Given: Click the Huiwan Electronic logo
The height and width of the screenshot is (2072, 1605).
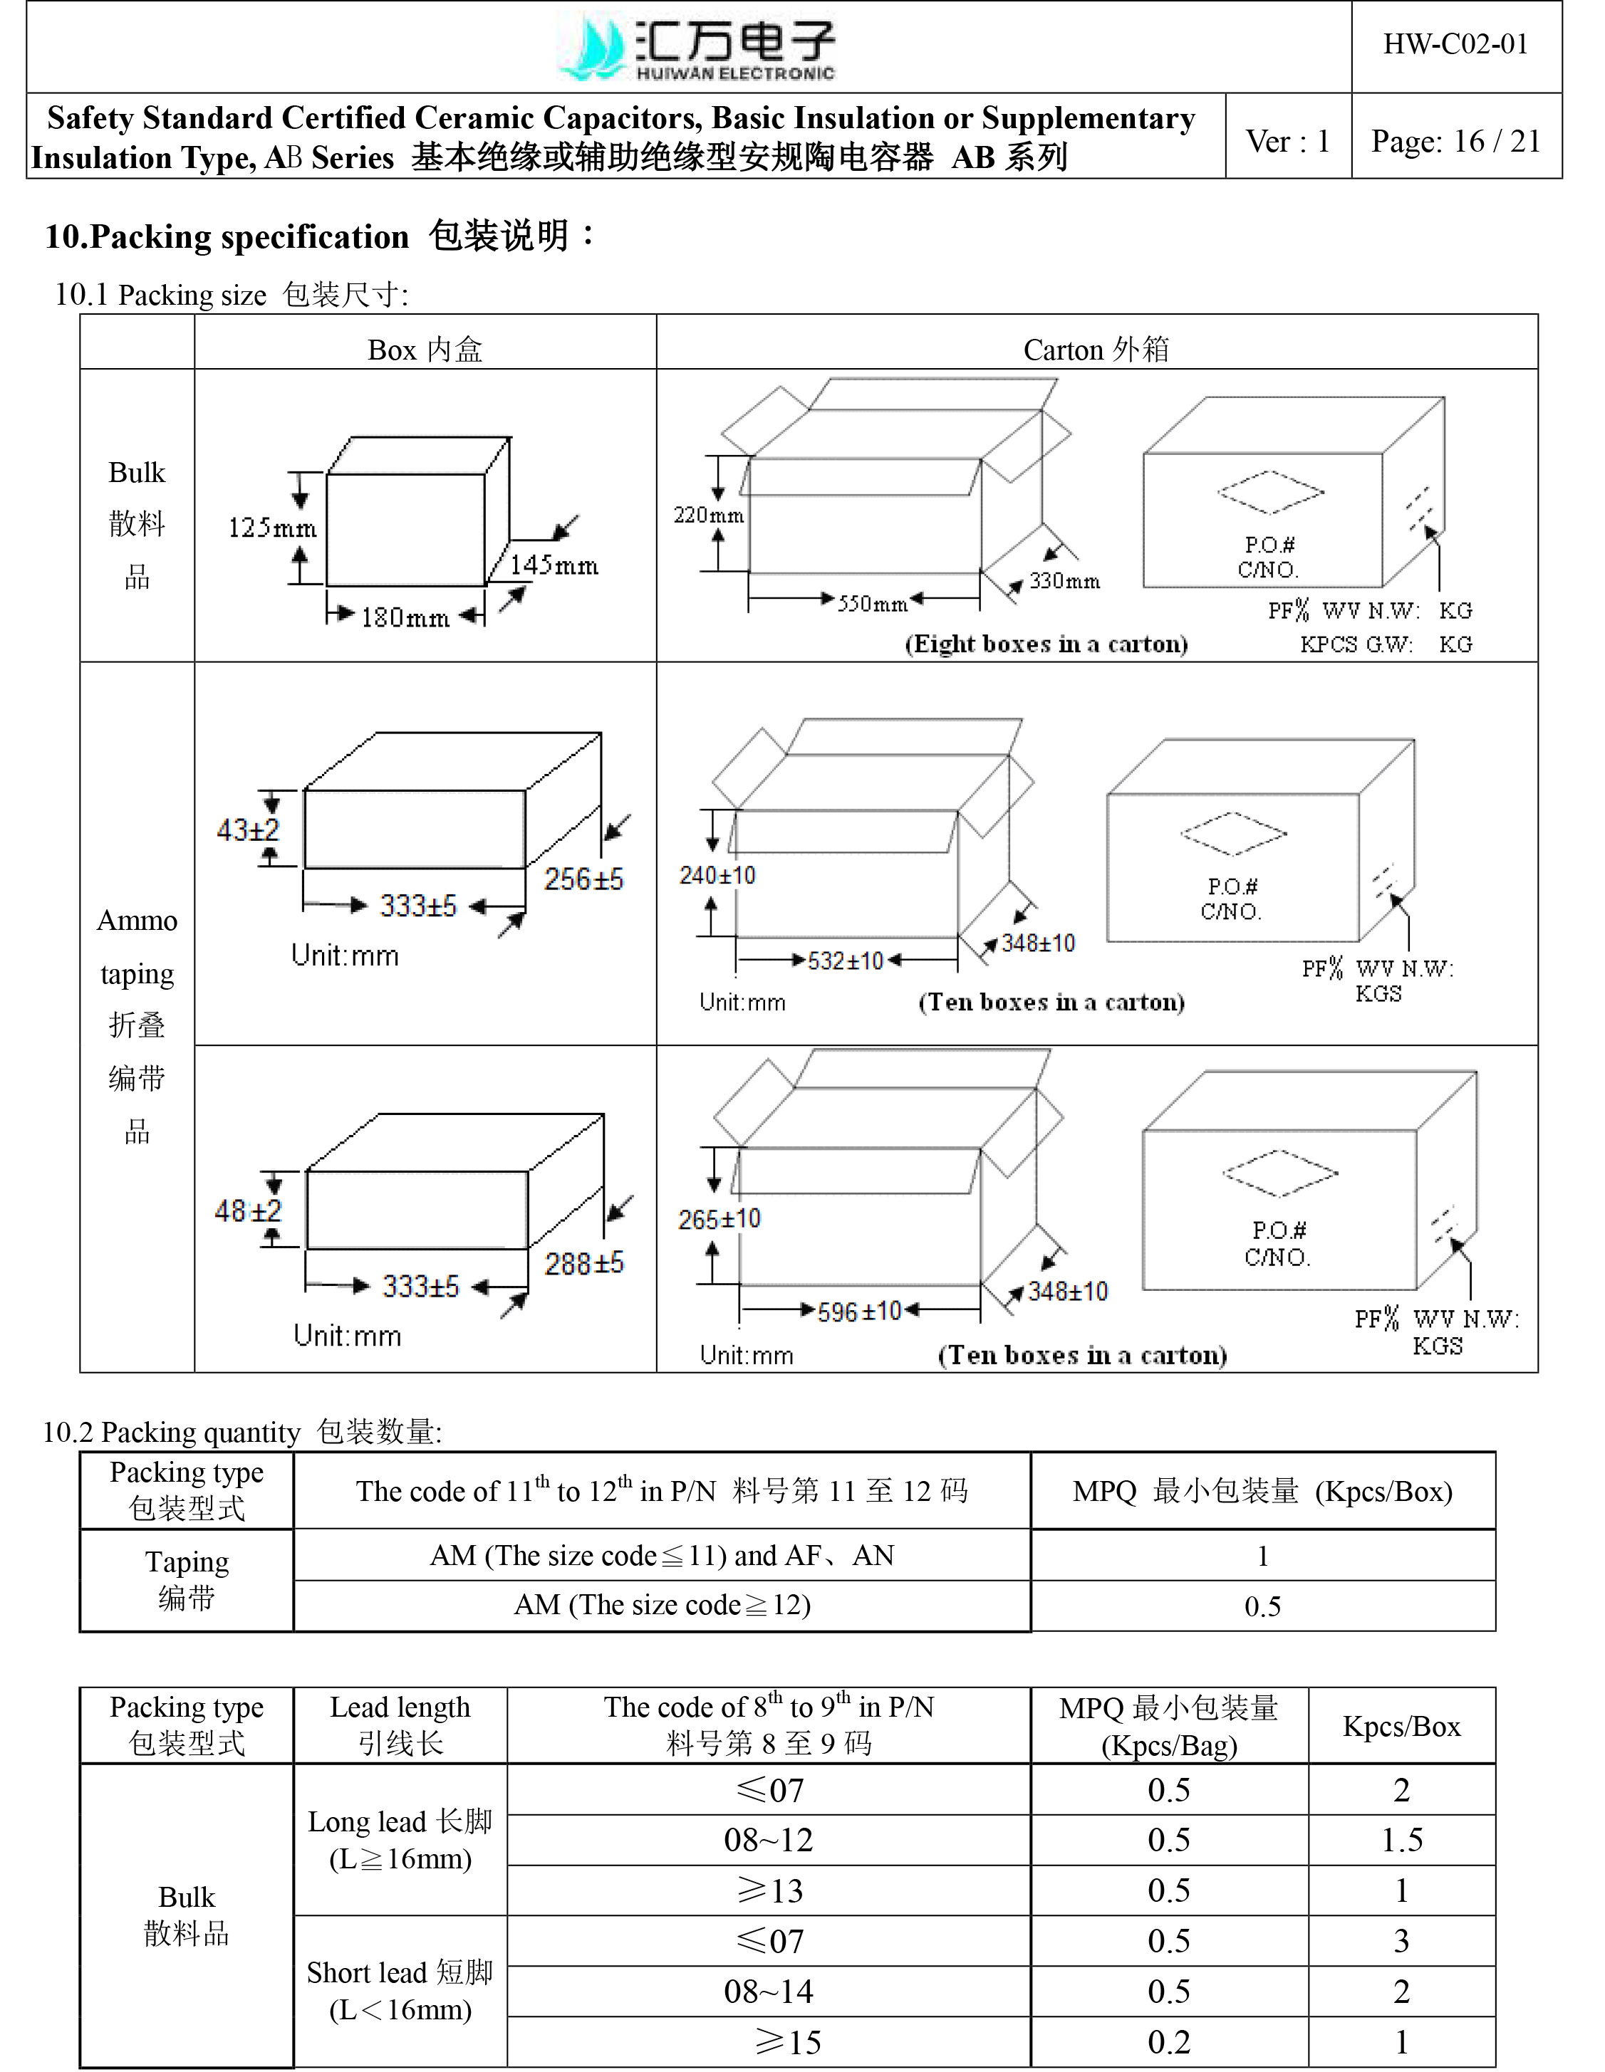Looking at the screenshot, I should (697, 48).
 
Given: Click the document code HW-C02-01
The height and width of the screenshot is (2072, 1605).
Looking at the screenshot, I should (1455, 45).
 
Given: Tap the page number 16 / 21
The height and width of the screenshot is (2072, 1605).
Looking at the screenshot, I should (1455, 142).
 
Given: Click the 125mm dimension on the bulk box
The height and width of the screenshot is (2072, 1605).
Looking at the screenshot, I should (271, 528).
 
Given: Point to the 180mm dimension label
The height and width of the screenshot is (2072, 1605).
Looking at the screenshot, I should (405, 617).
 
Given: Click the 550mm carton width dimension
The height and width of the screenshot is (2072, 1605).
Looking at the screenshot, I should (871, 603).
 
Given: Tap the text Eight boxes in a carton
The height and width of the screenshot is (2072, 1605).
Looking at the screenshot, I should (1046, 644).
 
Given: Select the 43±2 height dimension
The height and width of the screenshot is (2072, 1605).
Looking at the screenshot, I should (248, 830).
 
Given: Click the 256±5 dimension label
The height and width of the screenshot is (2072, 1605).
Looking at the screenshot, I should (583, 879).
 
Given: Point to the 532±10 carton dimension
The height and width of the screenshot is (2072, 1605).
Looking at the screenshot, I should (845, 961).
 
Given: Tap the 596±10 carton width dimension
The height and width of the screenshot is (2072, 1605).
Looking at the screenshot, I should (859, 1312).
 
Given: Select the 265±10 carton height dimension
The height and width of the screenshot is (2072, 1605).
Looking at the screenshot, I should (719, 1219).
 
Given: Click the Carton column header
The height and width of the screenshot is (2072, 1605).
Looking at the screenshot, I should (1096, 350).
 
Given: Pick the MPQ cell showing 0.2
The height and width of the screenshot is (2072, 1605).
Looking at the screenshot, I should (1168, 2041).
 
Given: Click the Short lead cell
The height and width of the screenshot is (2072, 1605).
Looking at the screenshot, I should (400, 1990).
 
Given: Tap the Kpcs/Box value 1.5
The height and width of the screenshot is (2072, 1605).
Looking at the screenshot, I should (1401, 1841).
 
